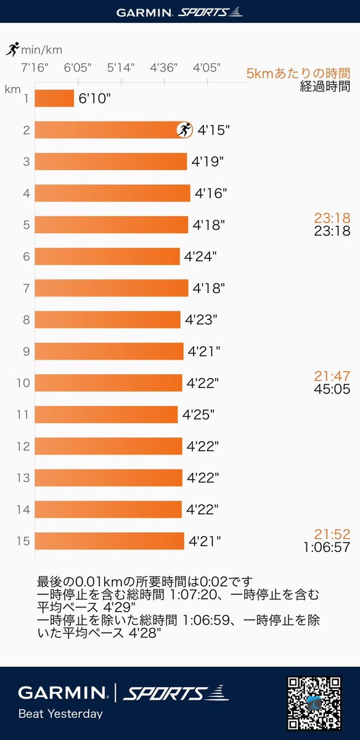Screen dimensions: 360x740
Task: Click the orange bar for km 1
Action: pyautogui.click(x=54, y=98)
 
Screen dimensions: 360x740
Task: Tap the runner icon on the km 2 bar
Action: pyautogui.click(x=185, y=130)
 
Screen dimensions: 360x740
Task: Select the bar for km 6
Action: pyautogui.click(x=107, y=257)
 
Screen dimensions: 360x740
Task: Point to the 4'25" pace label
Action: pyautogui.click(x=198, y=414)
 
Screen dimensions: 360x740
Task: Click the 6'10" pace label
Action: pyautogui.click(x=94, y=99)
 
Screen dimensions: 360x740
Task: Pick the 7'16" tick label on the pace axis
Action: pyautogui.click(x=35, y=68)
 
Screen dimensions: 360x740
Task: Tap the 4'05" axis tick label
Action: pyautogui.click(x=207, y=68)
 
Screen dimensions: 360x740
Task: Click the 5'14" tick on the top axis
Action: pyautogui.click(x=121, y=68)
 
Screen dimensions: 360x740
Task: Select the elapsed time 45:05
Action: pyautogui.click(x=332, y=389)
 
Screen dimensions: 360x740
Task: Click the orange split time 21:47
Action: pyautogui.click(x=332, y=376)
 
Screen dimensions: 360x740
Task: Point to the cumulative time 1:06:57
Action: pyautogui.click(x=327, y=547)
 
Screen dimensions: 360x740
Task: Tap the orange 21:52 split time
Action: pyautogui.click(x=332, y=534)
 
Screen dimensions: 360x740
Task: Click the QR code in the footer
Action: pyautogui.click(x=314, y=703)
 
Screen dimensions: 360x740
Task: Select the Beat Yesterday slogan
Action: pyautogui.click(x=60, y=713)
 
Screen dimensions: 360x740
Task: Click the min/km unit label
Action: pyautogui.click(x=42, y=50)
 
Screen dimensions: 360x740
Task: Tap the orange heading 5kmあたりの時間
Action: pyautogui.click(x=298, y=73)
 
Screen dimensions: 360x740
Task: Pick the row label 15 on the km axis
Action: pyautogui.click(x=23, y=541)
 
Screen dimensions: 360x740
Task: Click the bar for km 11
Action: pyautogui.click(x=107, y=414)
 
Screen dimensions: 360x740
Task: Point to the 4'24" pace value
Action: pyautogui.click(x=200, y=257)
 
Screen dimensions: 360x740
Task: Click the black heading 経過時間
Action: pyautogui.click(x=325, y=86)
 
